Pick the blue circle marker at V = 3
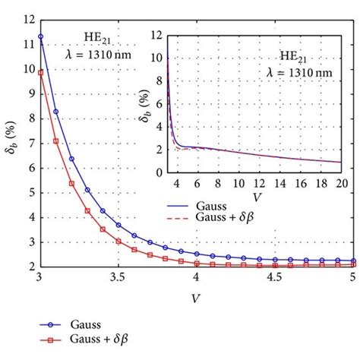(40, 36)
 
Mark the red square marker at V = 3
(40, 73)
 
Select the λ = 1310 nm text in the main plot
(106, 52)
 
